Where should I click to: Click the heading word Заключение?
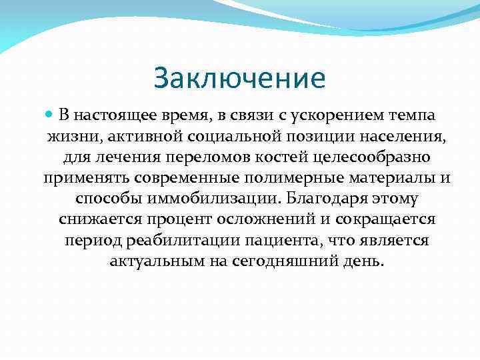[239, 79]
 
